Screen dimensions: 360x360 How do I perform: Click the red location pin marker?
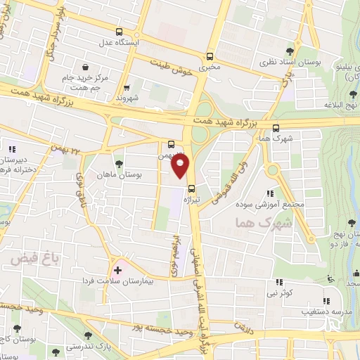pyautogui.click(x=181, y=165)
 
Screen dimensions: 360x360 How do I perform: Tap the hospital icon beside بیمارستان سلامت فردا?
pyautogui.click(x=117, y=269)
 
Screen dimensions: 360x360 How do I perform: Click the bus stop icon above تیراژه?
pyautogui.click(x=192, y=187)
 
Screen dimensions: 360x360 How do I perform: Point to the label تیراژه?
pyautogui.click(x=192, y=199)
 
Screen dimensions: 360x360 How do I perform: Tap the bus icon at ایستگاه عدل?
pyautogui.click(x=119, y=32)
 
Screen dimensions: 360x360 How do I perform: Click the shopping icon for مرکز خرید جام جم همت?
pyautogui.click(x=84, y=67)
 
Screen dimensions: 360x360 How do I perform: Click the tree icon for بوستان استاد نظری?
pyautogui.click(x=290, y=51)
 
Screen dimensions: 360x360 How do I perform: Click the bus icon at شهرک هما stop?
pyautogui.click(x=274, y=128)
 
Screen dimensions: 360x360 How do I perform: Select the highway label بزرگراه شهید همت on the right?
pyautogui.click(x=254, y=123)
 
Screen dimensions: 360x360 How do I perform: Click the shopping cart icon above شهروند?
pyautogui.click(x=127, y=88)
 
